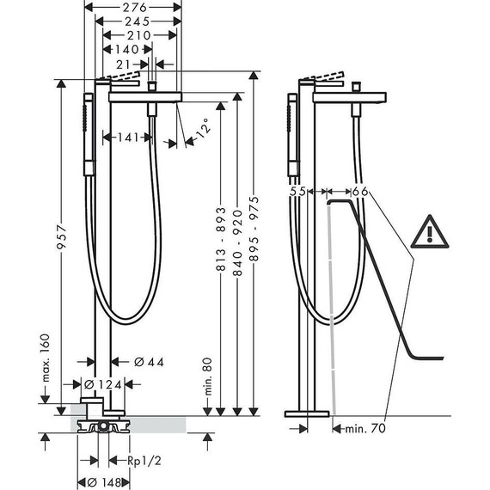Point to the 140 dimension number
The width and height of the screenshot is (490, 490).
tap(127, 49)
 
